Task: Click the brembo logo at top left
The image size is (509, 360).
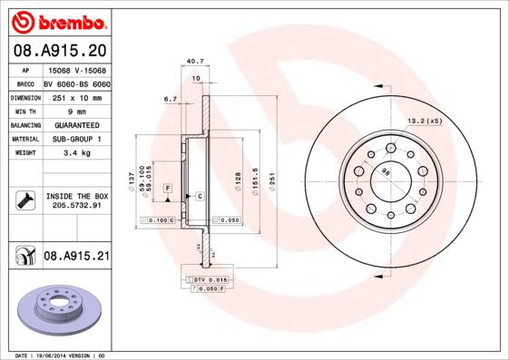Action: coord(58,19)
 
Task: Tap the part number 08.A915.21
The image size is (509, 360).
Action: coord(76,257)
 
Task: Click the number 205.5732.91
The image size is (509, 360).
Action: coord(76,206)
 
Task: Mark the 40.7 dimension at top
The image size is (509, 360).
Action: coord(193,62)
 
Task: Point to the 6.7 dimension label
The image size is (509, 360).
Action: coord(170,98)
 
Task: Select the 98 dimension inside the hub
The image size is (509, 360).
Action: coord(386,171)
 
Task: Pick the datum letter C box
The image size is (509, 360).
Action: coord(198,196)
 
